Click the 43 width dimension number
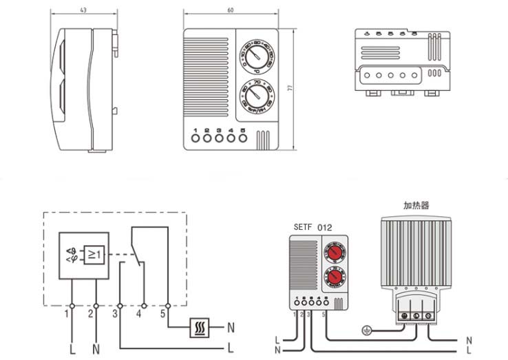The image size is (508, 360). (x=83, y=10)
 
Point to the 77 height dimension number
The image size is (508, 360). (x=300, y=88)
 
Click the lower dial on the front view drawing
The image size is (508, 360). (x=255, y=95)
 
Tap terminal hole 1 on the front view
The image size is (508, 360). (x=195, y=138)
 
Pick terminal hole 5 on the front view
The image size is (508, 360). (x=242, y=138)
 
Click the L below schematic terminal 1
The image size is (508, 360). (x=71, y=349)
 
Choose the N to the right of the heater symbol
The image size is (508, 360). (x=231, y=326)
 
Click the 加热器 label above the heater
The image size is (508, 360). (x=416, y=205)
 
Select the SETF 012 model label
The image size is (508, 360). (x=313, y=228)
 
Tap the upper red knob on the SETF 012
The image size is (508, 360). (x=335, y=253)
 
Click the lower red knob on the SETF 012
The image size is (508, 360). (x=335, y=277)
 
